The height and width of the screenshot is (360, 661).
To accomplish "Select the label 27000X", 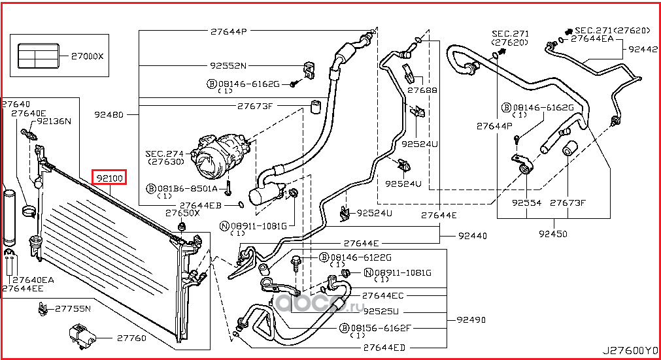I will (87, 56).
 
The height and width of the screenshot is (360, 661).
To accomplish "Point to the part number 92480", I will (109, 114).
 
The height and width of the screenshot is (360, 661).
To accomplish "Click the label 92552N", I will (228, 65).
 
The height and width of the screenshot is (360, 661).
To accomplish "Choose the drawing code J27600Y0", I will (629, 351).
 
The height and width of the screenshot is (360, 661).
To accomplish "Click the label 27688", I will (422, 90).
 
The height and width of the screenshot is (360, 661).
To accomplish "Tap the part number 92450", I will (553, 233).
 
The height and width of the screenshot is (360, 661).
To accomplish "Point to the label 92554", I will (527, 203).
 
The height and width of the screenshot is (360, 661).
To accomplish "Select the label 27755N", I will (72, 308).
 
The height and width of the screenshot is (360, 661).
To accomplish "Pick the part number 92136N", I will (54, 122).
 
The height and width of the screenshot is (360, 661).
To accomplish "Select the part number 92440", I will (471, 235).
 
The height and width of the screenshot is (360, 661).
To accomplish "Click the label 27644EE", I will (22, 287).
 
